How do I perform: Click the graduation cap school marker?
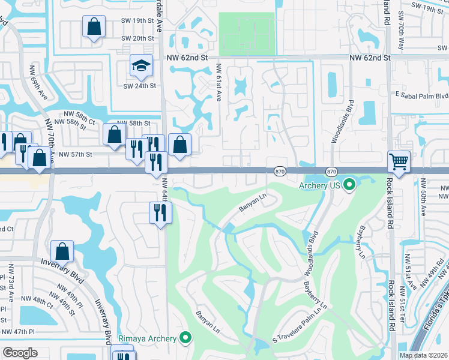pyautogui.click(x=140, y=67)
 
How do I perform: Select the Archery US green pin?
pyautogui.click(x=349, y=185)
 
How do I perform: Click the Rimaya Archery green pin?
pyautogui.click(x=185, y=338)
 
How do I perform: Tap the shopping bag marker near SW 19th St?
pyautogui.click(x=94, y=27)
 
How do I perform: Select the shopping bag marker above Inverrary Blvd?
pyautogui.click(x=62, y=251)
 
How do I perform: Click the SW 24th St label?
pyautogui.click(x=139, y=86)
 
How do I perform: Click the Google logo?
pyautogui.click(x=20, y=353)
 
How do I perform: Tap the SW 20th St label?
pyautogui.click(x=137, y=38)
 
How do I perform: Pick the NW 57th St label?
pyautogui.click(x=76, y=155)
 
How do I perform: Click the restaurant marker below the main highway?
pyautogui.click(x=160, y=214)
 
